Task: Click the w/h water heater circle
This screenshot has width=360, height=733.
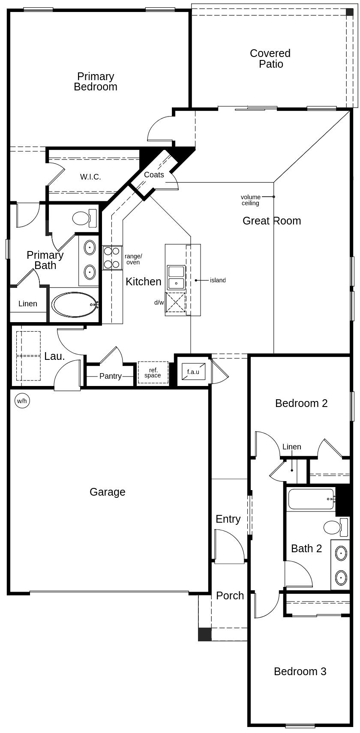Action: tap(22, 401)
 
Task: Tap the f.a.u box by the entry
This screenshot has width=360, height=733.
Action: tap(193, 371)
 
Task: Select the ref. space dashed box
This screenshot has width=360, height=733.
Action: tap(153, 373)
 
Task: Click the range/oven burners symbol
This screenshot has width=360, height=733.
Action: tap(112, 257)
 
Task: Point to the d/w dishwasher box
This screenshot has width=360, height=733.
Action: tap(175, 302)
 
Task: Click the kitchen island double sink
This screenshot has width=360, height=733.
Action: tap(176, 278)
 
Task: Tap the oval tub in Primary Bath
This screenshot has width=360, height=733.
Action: tap(75, 305)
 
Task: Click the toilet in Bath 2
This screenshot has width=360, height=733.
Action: tap(336, 527)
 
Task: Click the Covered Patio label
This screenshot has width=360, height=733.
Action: tap(270, 59)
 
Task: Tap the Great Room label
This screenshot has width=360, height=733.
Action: tap(272, 221)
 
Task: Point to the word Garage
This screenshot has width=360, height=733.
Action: tap(107, 492)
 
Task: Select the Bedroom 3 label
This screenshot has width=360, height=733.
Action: tap(300, 671)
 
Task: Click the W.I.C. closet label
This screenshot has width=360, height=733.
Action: tap(90, 177)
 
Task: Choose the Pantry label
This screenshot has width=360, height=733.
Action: tap(111, 376)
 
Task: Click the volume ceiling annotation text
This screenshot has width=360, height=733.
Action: tap(250, 200)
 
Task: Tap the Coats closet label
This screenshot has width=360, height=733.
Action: tap(154, 175)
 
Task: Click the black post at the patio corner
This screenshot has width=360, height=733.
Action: tap(350, 12)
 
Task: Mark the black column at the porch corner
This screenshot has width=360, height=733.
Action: tap(205, 634)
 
